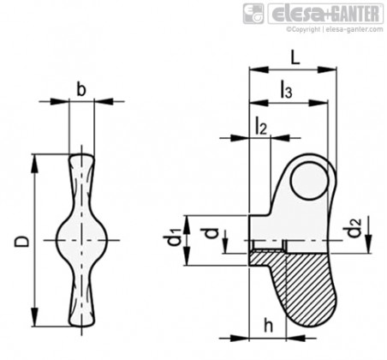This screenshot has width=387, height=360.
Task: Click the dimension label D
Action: tap(22, 241)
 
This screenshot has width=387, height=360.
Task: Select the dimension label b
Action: tap(81, 89)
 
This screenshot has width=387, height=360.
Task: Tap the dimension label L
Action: tap(295, 58)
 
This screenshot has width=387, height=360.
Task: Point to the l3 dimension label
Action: tap(286, 90)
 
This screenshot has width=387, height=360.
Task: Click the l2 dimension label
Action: tap(260, 127)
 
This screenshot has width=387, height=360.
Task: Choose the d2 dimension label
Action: tap(354, 227)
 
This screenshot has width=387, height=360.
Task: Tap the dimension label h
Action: tap(268, 326)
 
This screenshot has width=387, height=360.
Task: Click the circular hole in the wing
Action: tap(309, 180)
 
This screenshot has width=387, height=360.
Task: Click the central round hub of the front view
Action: tap(82, 240)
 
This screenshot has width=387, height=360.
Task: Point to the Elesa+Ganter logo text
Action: tap(325, 13)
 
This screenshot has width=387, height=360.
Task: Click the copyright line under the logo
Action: tap(335, 29)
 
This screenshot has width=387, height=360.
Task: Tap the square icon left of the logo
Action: tap(253, 14)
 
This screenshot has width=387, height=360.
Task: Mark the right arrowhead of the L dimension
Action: tap(327, 70)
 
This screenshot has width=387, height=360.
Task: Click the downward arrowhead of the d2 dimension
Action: tap(369, 243)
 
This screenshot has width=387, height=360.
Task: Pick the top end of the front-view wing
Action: tap(81, 155)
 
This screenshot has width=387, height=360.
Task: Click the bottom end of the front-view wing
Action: tap(82, 324)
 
